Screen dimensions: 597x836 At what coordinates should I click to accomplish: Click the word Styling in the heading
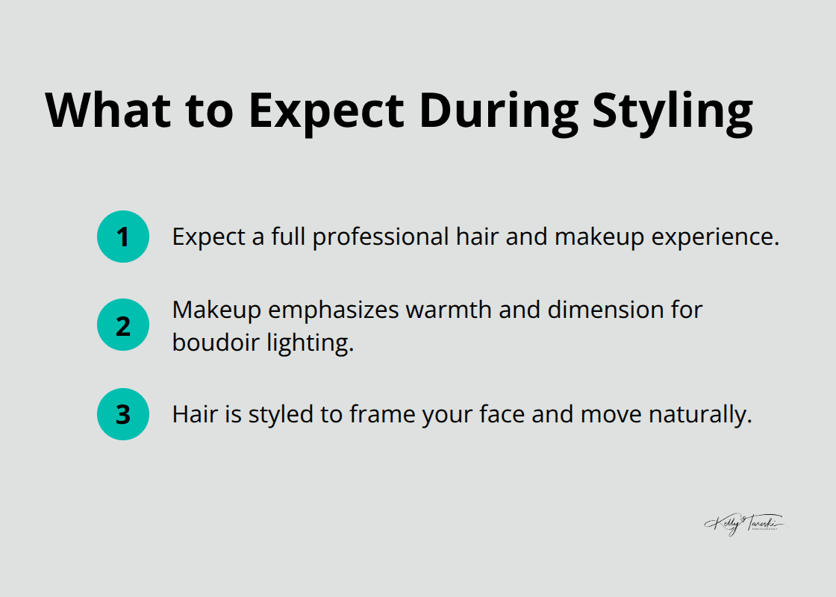click(x=673, y=112)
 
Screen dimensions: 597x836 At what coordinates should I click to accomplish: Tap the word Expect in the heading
click(x=326, y=112)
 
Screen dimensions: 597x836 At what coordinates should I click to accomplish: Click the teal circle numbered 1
click(x=123, y=237)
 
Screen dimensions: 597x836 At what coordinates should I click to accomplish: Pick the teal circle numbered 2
click(x=123, y=325)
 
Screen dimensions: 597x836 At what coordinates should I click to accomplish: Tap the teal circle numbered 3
click(x=123, y=414)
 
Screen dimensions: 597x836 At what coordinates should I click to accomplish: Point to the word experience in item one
click(x=718, y=237)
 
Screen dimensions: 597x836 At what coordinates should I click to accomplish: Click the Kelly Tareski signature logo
click(x=744, y=524)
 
